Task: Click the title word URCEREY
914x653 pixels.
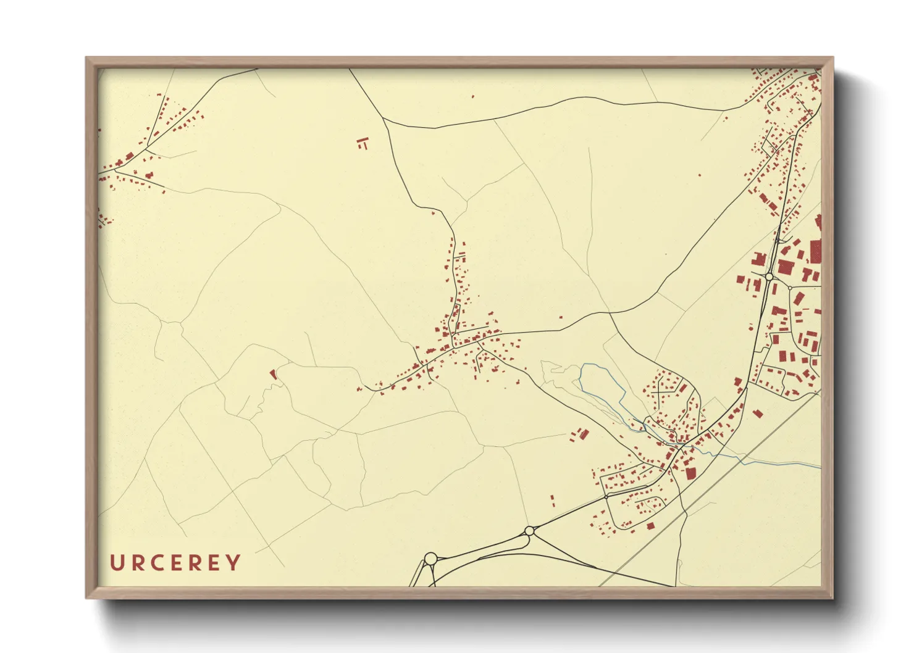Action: point(175,563)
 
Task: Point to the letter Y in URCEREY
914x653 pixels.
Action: point(233,563)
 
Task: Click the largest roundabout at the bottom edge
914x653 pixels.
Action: point(430,559)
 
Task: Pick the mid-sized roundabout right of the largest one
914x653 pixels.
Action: point(529,531)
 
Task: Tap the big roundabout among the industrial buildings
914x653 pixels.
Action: point(769,277)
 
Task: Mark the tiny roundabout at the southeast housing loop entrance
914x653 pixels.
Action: point(608,495)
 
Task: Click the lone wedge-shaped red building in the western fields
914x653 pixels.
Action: point(272,373)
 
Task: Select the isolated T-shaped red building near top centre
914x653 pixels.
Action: point(363,144)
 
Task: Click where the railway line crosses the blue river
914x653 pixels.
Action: point(744,460)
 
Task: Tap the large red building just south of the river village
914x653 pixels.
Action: point(690,473)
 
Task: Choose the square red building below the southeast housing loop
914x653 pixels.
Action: point(650,526)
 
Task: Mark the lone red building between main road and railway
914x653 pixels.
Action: point(758,414)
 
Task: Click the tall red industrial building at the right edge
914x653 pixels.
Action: point(815,252)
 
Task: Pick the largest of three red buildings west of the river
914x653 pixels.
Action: point(584,433)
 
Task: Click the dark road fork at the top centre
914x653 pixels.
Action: point(384,119)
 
